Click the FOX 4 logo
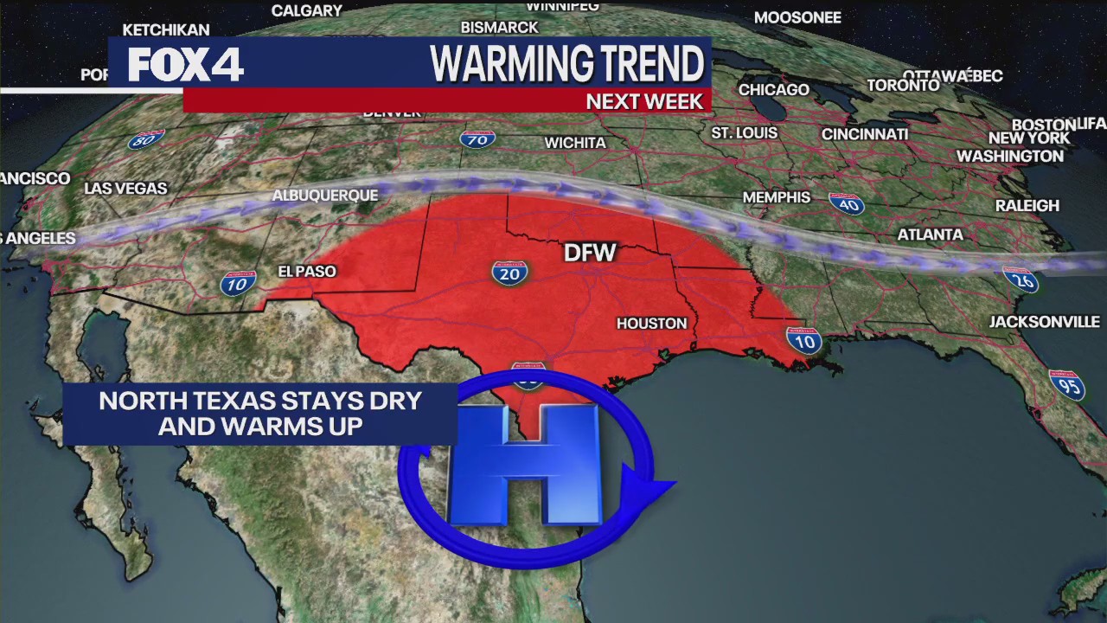[x=186, y=64]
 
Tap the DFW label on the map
[x=590, y=253]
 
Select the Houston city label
[x=651, y=324]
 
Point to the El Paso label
[x=306, y=272]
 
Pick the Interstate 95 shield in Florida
[x=1067, y=384]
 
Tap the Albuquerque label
[x=325, y=196]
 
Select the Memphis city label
[x=777, y=197]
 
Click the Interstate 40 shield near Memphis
[x=846, y=204]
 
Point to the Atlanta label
[x=930, y=234]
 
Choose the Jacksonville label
[x=1045, y=322]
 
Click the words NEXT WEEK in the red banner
[x=644, y=101]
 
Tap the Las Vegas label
[x=125, y=189]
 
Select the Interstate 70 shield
[x=477, y=138]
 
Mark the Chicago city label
[x=773, y=90]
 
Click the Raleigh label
[x=1027, y=205]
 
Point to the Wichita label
[x=575, y=143]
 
